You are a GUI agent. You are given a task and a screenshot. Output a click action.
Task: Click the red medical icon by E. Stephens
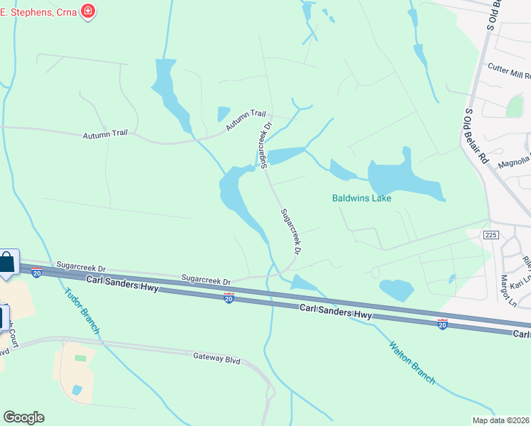point(89,11)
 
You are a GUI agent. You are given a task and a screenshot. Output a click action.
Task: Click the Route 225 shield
point(490,234)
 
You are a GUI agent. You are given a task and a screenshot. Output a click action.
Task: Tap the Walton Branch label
point(412,362)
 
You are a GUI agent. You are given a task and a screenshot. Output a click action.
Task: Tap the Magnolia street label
point(514,164)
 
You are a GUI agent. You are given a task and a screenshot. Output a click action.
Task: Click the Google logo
point(23,417)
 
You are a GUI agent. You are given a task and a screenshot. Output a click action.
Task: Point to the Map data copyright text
point(501,420)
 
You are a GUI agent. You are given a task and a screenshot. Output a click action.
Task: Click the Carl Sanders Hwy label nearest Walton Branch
point(335,310)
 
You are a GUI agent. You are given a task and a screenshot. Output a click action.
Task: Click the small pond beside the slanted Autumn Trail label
point(224,114)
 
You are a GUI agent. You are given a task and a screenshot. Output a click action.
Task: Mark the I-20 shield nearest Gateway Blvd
point(229,298)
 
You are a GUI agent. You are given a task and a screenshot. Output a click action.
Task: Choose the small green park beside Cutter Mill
point(515,106)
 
